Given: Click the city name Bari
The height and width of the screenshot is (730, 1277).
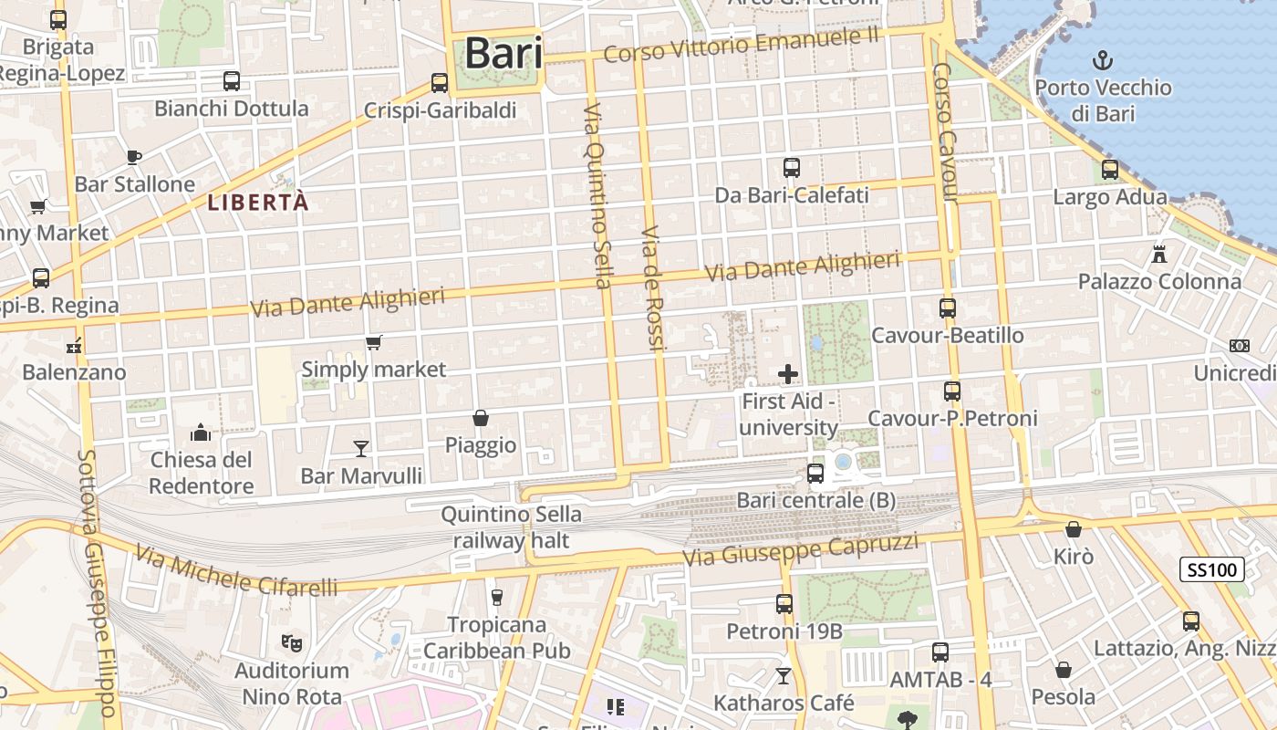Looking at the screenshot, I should [x=504, y=53].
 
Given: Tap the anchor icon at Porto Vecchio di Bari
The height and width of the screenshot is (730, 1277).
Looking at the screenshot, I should [x=1104, y=62].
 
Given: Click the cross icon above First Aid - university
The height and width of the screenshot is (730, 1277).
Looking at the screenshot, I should [x=788, y=373].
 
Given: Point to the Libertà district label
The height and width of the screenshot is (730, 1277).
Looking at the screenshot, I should [x=258, y=203].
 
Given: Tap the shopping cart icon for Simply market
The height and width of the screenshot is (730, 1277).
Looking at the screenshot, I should [x=373, y=343].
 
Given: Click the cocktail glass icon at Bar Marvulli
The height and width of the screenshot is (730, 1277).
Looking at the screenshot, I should [x=361, y=448].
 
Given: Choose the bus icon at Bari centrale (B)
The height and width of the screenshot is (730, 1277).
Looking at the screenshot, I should [x=815, y=474].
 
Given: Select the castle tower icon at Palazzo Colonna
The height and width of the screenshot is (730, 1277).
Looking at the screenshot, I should [x=1159, y=254].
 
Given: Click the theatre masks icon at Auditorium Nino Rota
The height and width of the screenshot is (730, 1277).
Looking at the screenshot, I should [x=292, y=643].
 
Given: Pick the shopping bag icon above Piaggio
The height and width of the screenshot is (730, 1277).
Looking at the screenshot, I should [x=481, y=418].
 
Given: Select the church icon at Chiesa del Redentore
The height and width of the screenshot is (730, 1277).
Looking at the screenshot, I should [x=201, y=432].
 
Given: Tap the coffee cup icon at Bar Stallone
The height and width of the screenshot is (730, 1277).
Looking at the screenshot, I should [x=134, y=157].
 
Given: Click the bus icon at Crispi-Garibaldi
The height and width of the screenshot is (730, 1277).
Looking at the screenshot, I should [x=440, y=83].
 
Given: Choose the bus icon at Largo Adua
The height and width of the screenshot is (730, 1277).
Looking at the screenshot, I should [x=1110, y=170].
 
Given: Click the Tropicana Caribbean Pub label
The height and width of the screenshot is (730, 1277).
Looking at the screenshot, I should [x=497, y=638].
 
